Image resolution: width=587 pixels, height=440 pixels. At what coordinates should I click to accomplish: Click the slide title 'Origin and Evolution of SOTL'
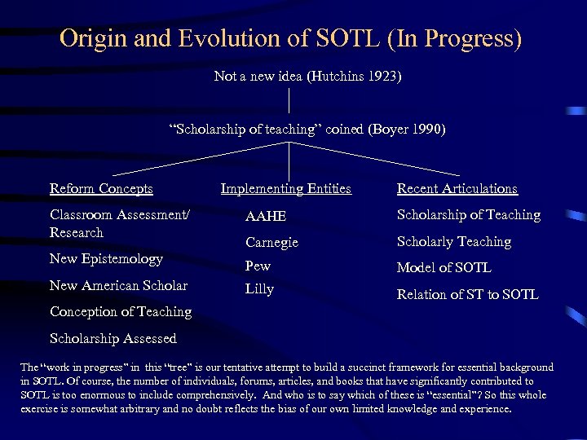click(x=290, y=38)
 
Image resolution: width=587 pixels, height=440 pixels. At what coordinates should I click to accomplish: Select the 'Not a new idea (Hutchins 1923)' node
click(x=307, y=77)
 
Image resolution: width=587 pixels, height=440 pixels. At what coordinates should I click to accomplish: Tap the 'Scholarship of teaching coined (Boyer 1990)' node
click(x=307, y=130)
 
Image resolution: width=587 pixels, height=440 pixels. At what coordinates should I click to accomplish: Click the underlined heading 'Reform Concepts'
click(x=101, y=189)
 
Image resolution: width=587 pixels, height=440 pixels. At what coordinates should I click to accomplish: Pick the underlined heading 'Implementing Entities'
click(x=285, y=189)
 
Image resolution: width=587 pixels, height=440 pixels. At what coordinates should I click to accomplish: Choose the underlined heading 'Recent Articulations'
click(x=457, y=189)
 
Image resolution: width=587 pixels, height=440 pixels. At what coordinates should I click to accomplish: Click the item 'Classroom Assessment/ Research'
click(x=119, y=224)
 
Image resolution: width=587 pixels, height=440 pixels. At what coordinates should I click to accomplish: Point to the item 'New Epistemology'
click(x=106, y=259)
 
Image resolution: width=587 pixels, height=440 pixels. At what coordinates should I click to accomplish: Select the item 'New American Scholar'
click(x=118, y=286)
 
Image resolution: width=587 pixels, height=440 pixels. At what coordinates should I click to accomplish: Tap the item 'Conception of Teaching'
click(x=121, y=312)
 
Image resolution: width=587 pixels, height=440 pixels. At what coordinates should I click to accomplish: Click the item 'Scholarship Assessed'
click(x=113, y=339)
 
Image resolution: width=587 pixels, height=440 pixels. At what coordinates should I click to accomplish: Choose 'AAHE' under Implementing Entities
click(x=266, y=216)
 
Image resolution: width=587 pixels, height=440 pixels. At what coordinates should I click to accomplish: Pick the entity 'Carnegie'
click(x=271, y=243)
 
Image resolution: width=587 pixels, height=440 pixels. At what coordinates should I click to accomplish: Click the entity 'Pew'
click(x=258, y=266)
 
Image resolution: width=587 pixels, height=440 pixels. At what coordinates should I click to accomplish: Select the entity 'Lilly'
click(x=259, y=289)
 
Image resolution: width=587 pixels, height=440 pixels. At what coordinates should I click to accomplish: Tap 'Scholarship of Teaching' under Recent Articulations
click(x=468, y=215)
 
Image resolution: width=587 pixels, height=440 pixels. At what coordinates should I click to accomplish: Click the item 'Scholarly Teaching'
click(x=453, y=242)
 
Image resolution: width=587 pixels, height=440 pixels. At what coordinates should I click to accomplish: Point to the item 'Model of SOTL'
click(x=444, y=268)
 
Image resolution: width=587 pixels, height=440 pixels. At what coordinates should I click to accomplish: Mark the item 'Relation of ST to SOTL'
click(x=467, y=294)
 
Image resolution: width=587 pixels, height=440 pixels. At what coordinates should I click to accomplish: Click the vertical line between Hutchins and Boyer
click(x=289, y=102)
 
